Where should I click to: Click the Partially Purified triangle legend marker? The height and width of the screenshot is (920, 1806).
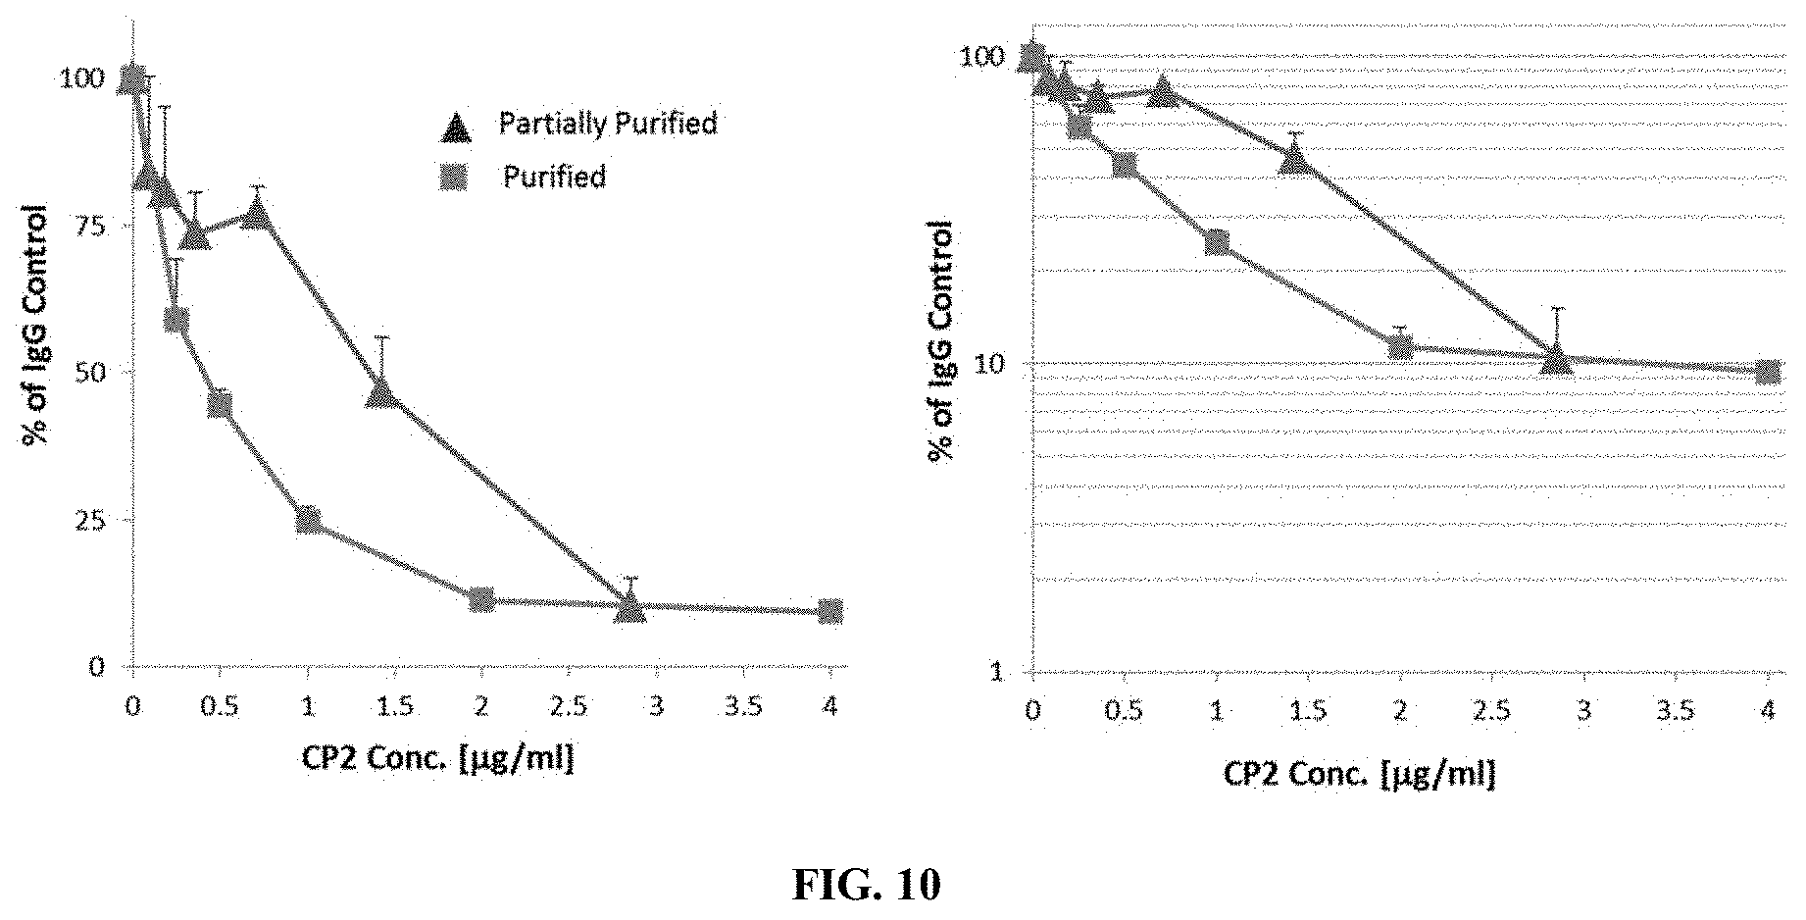(458, 128)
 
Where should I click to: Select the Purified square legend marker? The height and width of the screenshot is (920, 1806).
(458, 178)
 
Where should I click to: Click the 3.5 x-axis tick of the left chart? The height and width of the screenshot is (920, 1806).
(743, 706)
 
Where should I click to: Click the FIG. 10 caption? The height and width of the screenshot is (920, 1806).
(866, 884)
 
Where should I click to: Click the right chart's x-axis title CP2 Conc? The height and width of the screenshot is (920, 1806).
(1358, 774)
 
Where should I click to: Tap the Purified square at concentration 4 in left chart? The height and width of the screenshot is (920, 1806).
(829, 611)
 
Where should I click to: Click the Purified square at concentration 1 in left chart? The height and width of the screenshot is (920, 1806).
(308, 519)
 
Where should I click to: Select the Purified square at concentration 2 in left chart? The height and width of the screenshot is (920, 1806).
(481, 599)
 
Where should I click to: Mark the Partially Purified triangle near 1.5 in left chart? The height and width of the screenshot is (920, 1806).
(381, 394)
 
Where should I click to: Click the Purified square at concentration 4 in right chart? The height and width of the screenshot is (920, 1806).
(1768, 371)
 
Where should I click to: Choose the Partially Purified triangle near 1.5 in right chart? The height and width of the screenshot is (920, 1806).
(1295, 159)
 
